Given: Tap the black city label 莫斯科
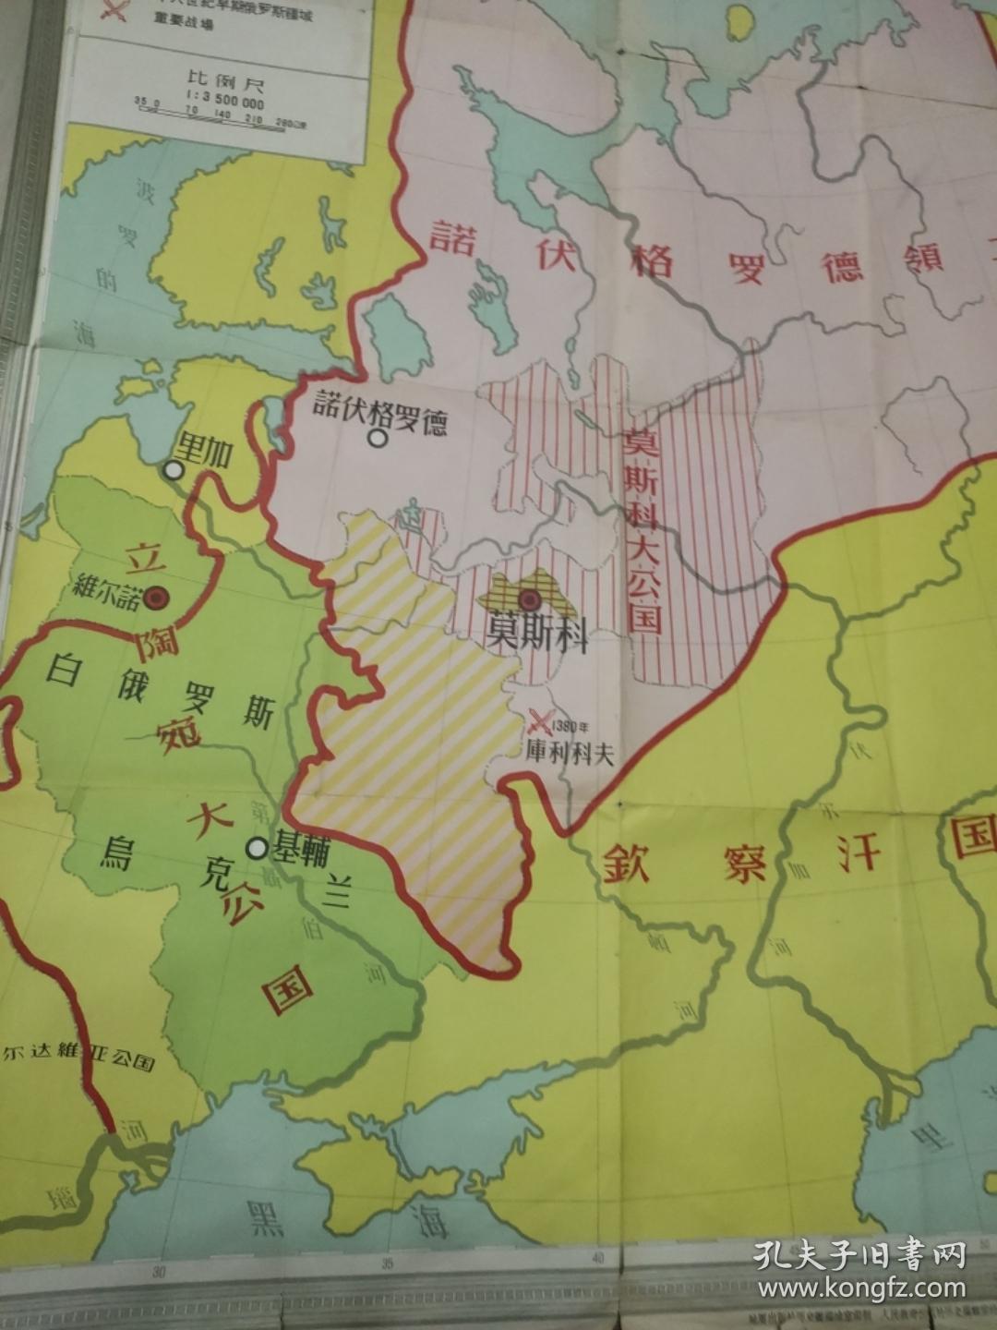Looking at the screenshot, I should point(537,635).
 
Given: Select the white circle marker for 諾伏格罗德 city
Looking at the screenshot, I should point(377,438).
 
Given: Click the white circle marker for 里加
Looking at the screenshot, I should point(173,470).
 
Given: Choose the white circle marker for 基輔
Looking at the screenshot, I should point(257,847).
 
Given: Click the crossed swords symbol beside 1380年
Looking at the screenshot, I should point(542,719).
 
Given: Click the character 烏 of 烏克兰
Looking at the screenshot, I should point(119,851).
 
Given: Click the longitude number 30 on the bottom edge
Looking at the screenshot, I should point(159,1271).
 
